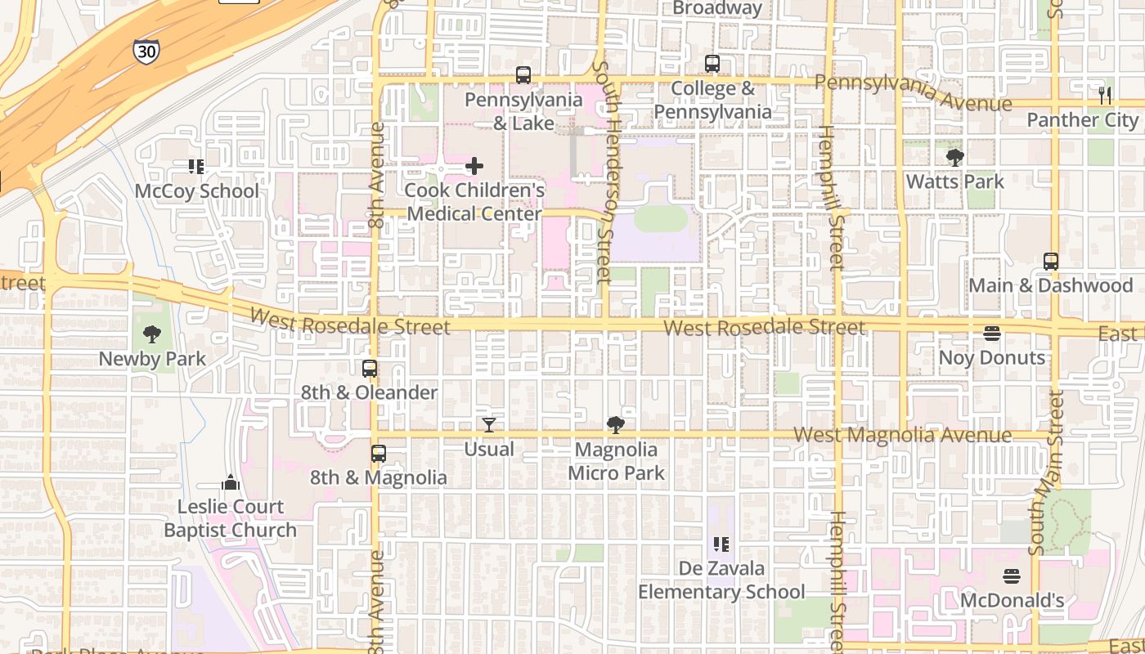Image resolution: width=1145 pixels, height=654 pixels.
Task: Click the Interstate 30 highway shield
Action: point(146,52)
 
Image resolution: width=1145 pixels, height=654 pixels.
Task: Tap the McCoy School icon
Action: point(196,167)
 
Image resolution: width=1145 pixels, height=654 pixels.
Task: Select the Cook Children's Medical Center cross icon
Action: point(474,167)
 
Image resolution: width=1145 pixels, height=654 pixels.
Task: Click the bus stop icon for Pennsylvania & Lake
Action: point(523,75)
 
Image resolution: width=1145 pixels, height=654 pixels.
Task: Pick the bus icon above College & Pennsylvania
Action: point(712,64)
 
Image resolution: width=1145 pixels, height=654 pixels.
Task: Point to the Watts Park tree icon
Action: point(954,157)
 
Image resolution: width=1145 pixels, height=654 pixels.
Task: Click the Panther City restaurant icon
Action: point(1105,95)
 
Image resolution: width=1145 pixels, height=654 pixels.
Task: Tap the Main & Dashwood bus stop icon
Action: point(1051,262)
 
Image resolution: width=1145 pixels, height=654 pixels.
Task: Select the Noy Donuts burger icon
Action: point(992,334)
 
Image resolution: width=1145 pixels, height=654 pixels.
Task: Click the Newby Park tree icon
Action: point(151,334)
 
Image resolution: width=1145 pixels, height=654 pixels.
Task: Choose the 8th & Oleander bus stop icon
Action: point(370,369)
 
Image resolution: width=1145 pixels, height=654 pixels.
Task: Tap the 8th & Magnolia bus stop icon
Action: point(378,454)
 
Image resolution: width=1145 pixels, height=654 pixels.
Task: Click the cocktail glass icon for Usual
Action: point(489,425)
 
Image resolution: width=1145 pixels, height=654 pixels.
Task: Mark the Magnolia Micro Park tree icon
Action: point(616,425)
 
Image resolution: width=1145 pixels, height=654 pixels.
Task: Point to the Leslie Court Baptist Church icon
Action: point(231,482)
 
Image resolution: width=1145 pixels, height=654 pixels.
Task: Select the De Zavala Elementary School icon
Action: point(721,544)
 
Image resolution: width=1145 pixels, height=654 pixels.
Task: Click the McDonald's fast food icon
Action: point(1012,576)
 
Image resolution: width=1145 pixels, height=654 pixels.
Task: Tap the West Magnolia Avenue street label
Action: point(903,435)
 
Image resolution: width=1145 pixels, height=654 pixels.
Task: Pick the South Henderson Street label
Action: point(604,172)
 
